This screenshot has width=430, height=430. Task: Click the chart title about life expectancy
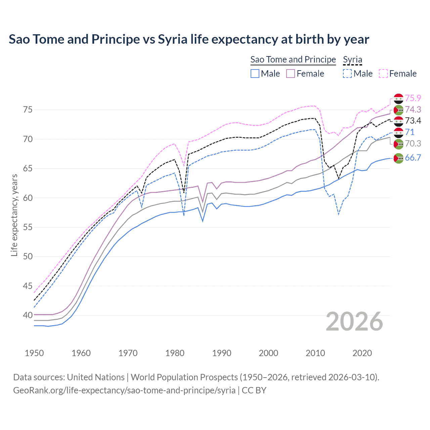pyautogui.click(x=189, y=39)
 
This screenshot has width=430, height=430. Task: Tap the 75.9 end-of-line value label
pyautogui.click(x=413, y=98)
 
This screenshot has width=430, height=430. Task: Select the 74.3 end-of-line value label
pyautogui.click(x=413, y=110)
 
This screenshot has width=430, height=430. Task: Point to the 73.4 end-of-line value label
pyautogui.click(x=413, y=121)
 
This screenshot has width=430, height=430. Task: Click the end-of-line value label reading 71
pyautogui.click(x=410, y=132)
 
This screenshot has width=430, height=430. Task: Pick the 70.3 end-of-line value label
pyautogui.click(x=413, y=143)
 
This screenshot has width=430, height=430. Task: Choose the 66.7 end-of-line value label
pyautogui.click(x=413, y=158)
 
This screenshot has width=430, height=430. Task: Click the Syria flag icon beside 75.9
pyautogui.click(x=398, y=99)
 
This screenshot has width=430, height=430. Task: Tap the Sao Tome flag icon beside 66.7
pyautogui.click(x=398, y=158)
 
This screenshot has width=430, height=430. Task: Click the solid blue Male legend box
pyautogui.click(x=255, y=74)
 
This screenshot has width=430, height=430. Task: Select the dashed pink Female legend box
pyautogui.click(x=383, y=74)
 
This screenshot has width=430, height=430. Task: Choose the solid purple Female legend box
pyautogui.click(x=291, y=74)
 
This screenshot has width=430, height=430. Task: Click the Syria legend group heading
pyautogui.click(x=352, y=60)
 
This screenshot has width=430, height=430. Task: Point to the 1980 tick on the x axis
pyautogui.click(x=175, y=353)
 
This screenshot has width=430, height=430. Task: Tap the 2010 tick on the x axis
pyautogui.click(x=315, y=353)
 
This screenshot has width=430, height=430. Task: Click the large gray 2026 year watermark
pyautogui.click(x=354, y=321)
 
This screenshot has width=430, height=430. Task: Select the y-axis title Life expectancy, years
pyautogui.click(x=14, y=215)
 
